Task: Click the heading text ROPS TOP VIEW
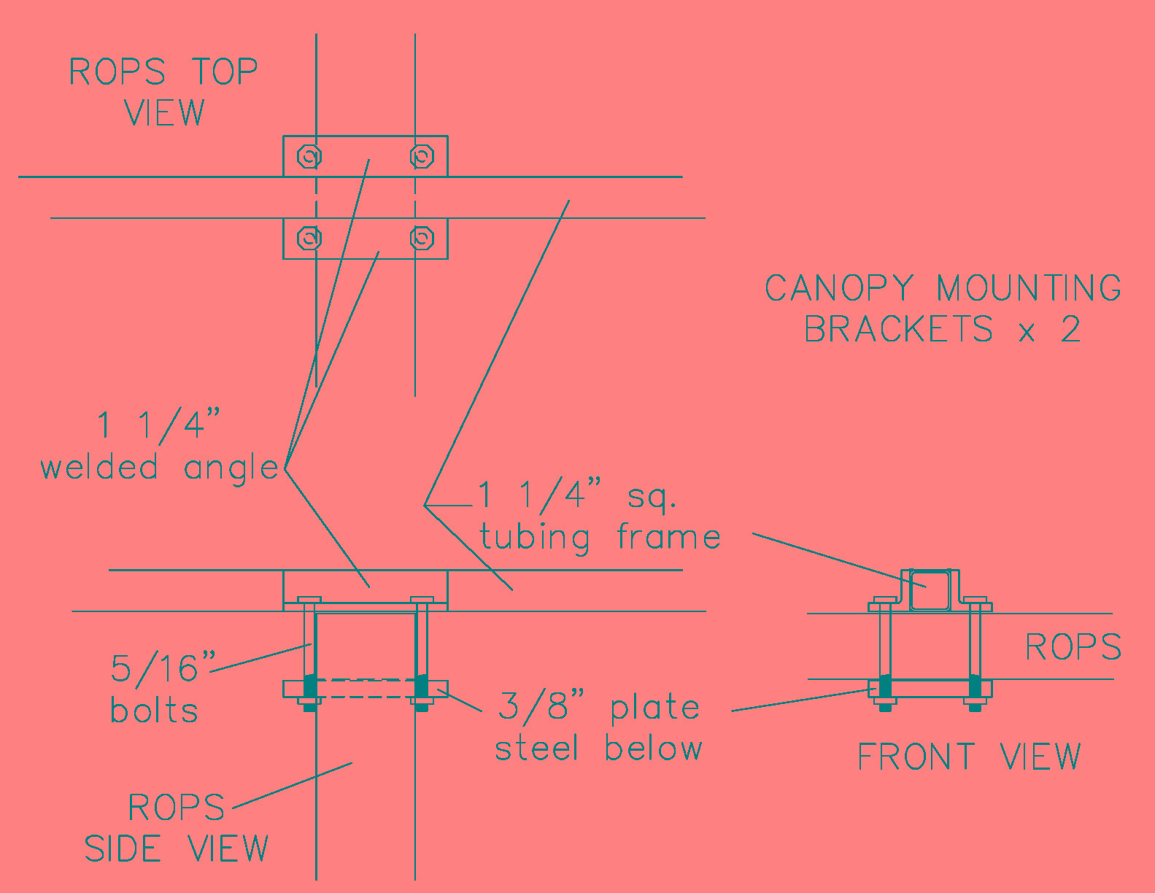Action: [163, 91]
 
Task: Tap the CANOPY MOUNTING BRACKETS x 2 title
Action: [943, 309]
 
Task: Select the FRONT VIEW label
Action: [970, 756]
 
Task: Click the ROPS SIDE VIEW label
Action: [177, 827]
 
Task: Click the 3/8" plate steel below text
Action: [598, 726]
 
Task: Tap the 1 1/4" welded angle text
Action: [160, 447]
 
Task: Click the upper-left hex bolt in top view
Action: [309, 157]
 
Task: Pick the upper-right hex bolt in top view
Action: [422, 157]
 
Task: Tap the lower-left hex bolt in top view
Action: [309, 238]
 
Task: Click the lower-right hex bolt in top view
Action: [422, 238]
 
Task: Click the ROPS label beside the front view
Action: [1073, 647]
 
